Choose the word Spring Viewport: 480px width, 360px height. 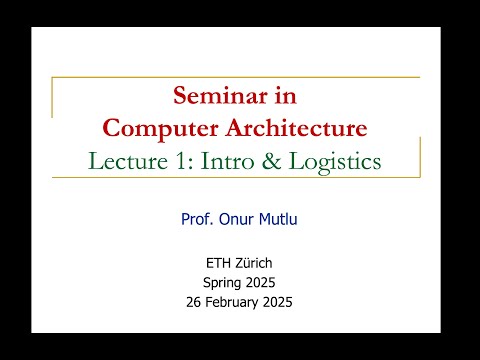pyautogui.click(x=223, y=283)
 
